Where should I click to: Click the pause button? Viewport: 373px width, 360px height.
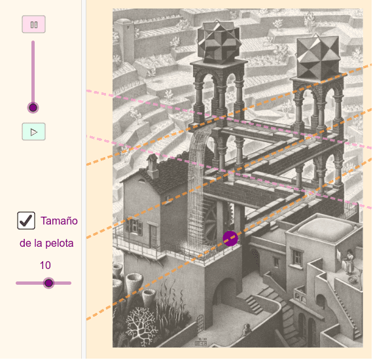click(x=34, y=24)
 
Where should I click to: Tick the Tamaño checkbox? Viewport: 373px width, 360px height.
click(x=26, y=221)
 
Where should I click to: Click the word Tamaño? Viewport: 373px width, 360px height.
click(x=59, y=221)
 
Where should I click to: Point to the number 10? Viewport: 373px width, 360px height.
click(x=45, y=265)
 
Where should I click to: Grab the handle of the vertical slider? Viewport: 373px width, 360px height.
click(x=33, y=107)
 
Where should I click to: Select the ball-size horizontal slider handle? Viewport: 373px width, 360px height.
click(x=49, y=283)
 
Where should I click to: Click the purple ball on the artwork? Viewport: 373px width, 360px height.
click(x=230, y=238)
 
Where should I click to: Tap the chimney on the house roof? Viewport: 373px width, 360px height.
click(x=152, y=166)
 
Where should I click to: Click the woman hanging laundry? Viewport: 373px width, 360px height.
click(x=348, y=262)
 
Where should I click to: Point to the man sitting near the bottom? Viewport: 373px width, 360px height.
click(x=247, y=329)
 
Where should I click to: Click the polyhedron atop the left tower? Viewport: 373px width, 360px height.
click(x=219, y=42)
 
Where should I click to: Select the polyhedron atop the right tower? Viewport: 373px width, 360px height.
click(x=318, y=57)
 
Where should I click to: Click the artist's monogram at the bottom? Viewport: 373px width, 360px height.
click(x=200, y=342)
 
